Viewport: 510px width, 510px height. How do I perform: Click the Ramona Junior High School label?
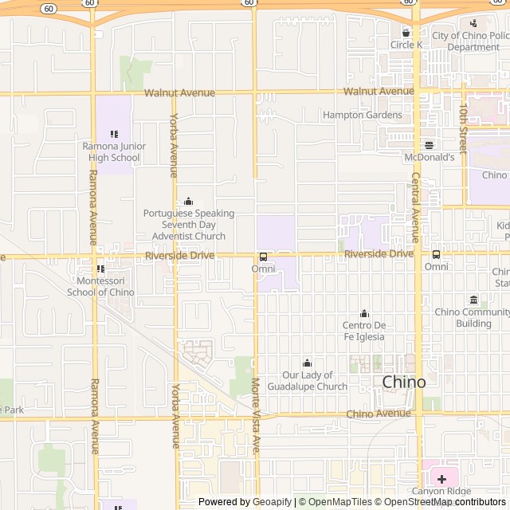click(111, 151)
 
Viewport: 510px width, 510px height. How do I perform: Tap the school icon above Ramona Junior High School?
click(113, 134)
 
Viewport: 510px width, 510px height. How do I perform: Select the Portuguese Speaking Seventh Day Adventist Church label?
click(188, 225)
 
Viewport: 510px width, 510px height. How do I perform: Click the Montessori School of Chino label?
click(100, 286)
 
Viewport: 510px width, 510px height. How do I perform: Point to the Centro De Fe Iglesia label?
click(363, 331)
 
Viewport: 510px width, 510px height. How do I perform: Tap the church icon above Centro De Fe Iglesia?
click(365, 313)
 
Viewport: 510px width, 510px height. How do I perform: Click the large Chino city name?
click(403, 382)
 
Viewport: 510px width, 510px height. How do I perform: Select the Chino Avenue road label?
click(379, 414)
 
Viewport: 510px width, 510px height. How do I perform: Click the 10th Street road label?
click(464, 127)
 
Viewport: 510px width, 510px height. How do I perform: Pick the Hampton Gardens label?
click(363, 115)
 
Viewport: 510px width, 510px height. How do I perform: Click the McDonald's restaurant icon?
click(429, 145)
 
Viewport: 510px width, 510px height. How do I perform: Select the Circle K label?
click(406, 45)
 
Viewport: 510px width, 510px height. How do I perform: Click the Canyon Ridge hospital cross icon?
click(441, 479)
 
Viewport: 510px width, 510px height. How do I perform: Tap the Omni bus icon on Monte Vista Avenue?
click(263, 257)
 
